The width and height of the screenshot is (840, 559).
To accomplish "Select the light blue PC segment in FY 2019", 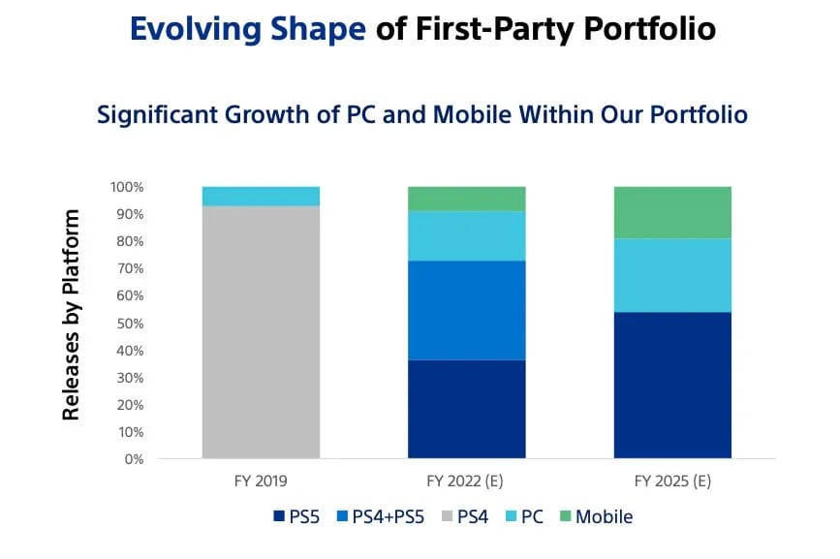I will coord(261,196).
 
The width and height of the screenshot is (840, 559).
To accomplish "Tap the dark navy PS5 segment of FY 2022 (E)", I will coord(466,409).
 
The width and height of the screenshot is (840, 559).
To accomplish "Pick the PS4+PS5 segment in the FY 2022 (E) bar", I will coord(466,310).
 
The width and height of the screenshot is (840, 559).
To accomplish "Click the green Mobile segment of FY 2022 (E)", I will coord(466,199).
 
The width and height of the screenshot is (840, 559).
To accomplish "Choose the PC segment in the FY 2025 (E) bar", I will coord(672,275).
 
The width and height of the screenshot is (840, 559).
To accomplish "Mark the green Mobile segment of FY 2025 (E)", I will coord(672,212).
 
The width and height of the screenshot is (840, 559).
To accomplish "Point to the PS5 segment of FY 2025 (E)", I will coord(672,385).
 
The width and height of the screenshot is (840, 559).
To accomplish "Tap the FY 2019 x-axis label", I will coord(261,480).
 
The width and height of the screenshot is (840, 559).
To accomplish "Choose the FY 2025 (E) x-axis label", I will coord(672,480).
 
